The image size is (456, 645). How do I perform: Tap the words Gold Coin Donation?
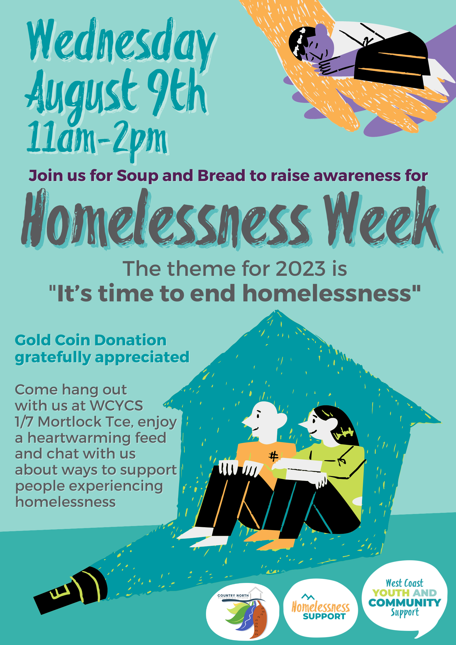pyautogui.click(x=91, y=340)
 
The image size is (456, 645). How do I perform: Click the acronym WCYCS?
pyautogui.click(x=116, y=406)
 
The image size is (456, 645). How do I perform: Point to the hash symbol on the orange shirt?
pyautogui.click(x=273, y=456)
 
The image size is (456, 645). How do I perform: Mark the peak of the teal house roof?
pyautogui.click(x=277, y=312)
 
